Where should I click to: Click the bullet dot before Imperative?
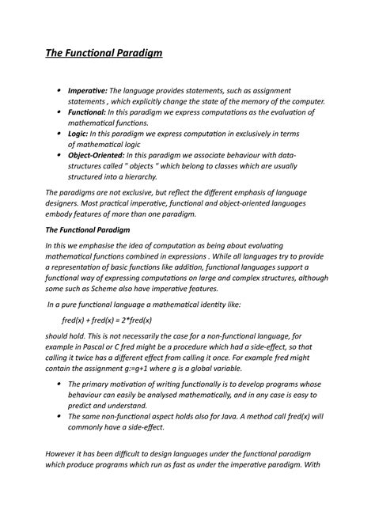[x=59, y=90]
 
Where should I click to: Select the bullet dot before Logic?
[x=59, y=135]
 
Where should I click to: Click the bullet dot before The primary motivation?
[x=59, y=383]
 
